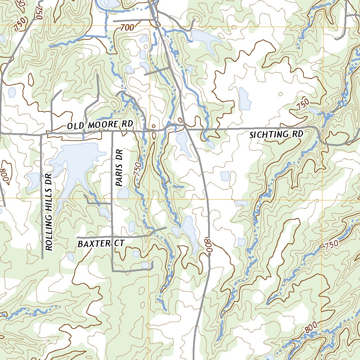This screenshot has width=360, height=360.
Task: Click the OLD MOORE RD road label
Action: tap(100, 125)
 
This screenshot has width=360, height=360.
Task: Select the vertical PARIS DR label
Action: tap(120, 167)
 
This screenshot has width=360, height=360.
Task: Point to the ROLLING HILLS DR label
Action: tap(49, 212)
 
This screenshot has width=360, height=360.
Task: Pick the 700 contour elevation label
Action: tap(127, 27)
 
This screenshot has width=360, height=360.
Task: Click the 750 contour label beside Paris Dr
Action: tap(138, 169)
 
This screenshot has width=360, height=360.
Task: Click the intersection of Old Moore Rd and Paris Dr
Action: tap(112, 132)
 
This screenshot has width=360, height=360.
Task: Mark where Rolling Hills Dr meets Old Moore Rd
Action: tap(41, 134)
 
